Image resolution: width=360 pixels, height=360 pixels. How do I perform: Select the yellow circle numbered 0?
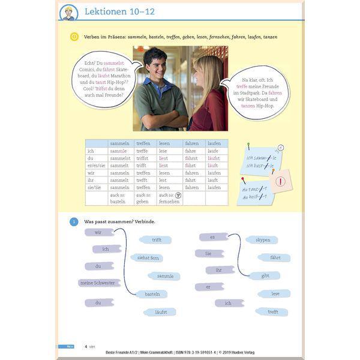pos(74,37)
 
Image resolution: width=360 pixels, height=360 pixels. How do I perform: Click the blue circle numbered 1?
pos(74,221)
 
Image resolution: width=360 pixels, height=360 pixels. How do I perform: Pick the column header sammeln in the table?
pos(119,143)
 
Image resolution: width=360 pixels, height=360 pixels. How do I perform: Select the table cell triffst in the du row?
pos(142,158)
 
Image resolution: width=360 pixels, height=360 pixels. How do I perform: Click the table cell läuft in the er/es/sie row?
pos(212,166)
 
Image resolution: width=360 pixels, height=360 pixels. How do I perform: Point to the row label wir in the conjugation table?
pos(91,173)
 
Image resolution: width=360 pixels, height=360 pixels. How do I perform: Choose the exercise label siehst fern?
pos(148,257)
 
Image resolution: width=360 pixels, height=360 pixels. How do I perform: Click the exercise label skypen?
pos(262,240)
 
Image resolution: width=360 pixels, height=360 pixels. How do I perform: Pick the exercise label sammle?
pos(164,276)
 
